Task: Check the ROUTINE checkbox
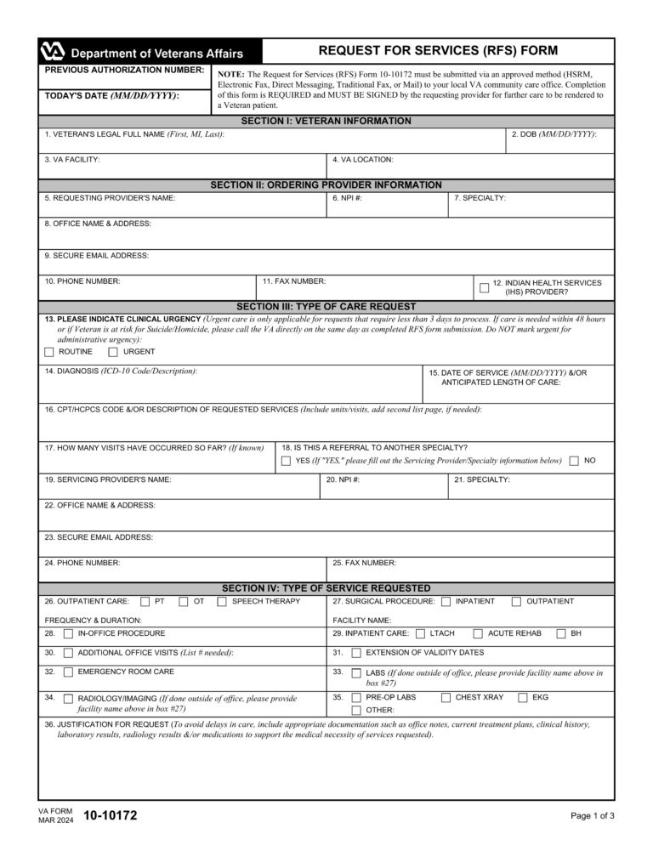[49, 352]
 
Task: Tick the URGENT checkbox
[113, 352]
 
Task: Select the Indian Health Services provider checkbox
[484, 288]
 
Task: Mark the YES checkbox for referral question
[286, 461]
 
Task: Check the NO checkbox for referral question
[575, 461]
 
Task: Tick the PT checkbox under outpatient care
[145, 602]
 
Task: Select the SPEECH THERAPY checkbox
[221, 602]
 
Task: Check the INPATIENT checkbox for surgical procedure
[446, 602]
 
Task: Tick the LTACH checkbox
[421, 633]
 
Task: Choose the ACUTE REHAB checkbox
[478, 633]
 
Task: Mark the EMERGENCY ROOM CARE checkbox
[68, 672]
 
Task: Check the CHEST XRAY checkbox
[446, 698]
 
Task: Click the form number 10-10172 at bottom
[110, 816]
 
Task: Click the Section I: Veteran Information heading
[326, 122]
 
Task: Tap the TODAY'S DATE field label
[111, 96]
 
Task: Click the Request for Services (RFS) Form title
[438, 51]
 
